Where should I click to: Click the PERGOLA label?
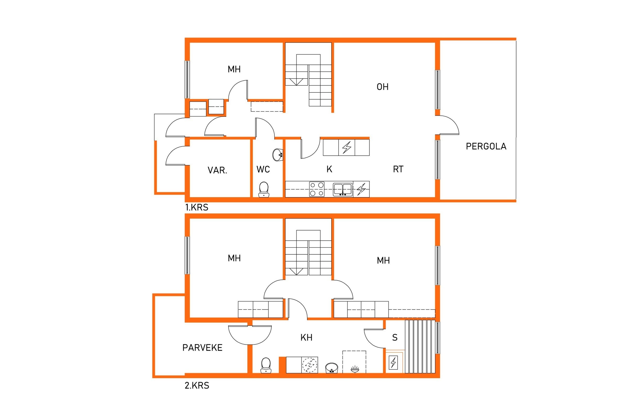(x=486, y=146)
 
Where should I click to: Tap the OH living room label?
(x=382, y=87)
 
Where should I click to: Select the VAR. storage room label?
(x=217, y=170)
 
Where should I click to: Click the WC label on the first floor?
(x=263, y=169)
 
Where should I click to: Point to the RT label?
(x=398, y=169)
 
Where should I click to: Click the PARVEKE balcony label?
(x=202, y=348)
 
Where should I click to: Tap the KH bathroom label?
(x=306, y=338)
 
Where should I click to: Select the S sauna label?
(x=395, y=338)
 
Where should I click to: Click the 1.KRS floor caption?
(x=197, y=207)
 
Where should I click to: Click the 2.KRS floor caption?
(x=197, y=385)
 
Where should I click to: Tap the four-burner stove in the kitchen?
(x=317, y=189)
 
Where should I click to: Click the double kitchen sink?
(x=343, y=189)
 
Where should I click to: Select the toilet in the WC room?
(x=264, y=189)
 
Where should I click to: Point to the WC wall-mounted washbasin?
(x=278, y=155)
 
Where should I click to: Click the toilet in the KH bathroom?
(x=265, y=365)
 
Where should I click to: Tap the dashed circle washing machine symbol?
(x=310, y=365)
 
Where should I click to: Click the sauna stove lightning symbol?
(x=393, y=363)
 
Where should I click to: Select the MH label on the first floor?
(x=234, y=69)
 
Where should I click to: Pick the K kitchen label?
(x=329, y=169)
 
